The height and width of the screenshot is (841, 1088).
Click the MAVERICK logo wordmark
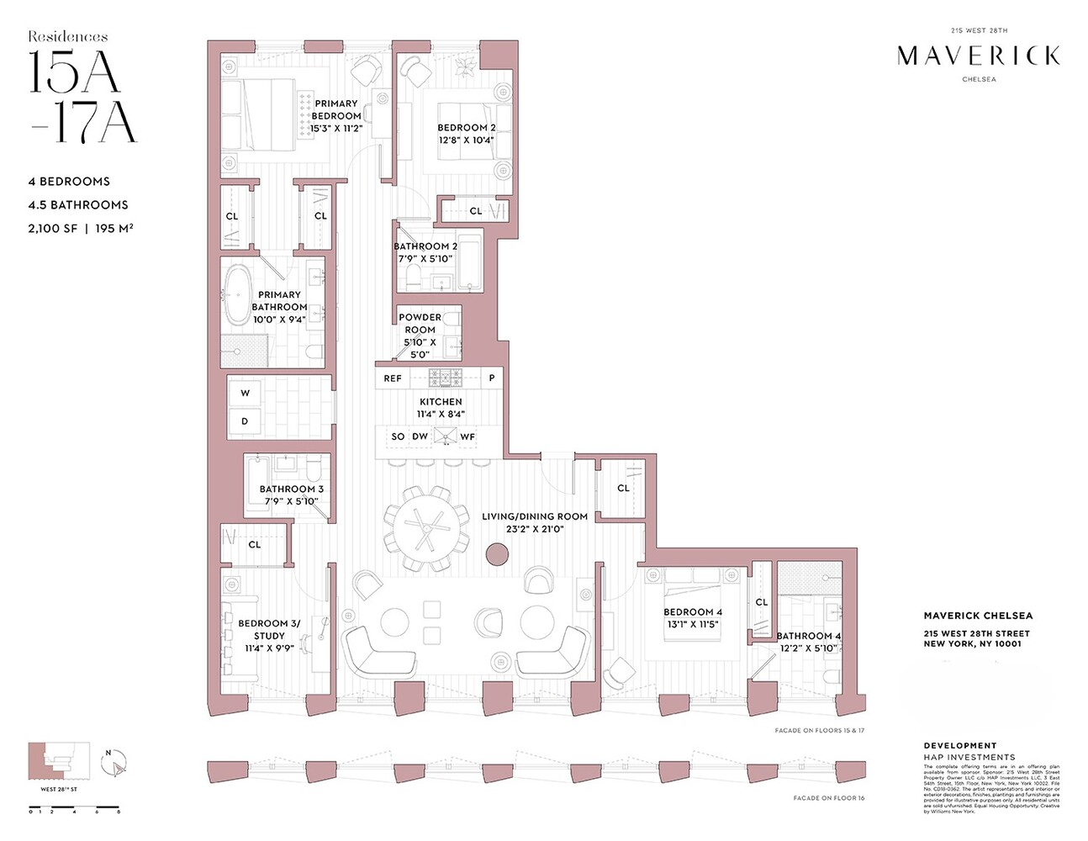pos(978,56)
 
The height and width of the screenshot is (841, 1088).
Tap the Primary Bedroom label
pos(336,110)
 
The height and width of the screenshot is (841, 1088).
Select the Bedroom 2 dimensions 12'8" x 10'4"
pos(466,140)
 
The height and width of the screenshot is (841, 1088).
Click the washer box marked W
pos(245,394)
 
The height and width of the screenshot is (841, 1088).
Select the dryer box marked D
pos(245,421)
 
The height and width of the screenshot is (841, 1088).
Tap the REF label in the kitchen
pos(393,378)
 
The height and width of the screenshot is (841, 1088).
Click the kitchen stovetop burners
pos(446,378)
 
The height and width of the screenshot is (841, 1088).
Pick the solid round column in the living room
pos(497,553)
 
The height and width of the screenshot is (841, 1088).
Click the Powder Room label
pos(420,324)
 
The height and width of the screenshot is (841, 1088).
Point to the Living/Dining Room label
pos(535,516)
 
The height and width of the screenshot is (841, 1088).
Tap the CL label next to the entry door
pos(623,488)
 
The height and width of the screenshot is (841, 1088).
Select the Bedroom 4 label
pos(693,612)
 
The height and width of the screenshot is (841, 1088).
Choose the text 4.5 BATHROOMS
pos(78,205)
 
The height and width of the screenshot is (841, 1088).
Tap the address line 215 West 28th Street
pos(976,634)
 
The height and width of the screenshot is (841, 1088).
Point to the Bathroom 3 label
pos(291,489)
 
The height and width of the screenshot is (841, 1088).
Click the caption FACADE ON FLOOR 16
pos(828,798)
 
